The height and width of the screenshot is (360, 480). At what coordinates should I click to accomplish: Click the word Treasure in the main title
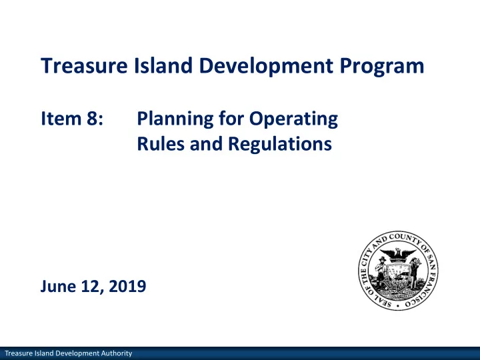84,65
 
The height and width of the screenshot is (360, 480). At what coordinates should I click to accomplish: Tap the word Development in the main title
266,66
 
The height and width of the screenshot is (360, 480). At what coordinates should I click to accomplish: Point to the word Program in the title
382,67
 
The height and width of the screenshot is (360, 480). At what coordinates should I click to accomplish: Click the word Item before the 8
61,118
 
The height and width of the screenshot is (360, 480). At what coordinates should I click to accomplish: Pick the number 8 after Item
93,119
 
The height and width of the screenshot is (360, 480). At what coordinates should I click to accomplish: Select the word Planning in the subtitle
175,120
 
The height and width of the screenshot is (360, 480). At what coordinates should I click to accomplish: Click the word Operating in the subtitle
293,120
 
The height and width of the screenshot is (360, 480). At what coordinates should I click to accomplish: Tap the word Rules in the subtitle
161,143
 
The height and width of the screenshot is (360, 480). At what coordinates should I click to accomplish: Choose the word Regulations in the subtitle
280,145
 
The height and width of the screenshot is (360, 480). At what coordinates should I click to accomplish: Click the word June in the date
58,286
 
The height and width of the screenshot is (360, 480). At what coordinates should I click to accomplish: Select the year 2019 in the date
127,286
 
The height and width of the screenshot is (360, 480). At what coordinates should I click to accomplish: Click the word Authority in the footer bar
116,353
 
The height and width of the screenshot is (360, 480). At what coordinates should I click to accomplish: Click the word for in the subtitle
231,119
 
